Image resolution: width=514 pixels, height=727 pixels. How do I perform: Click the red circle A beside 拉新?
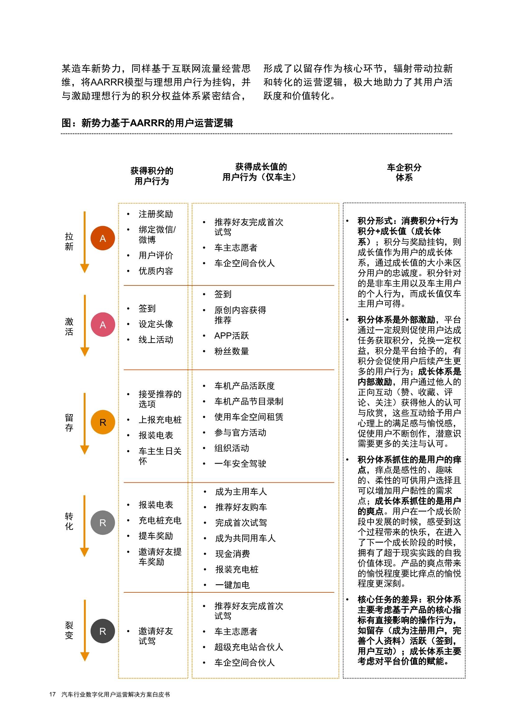[x=103, y=238]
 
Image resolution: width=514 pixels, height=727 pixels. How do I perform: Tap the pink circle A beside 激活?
[x=103, y=325]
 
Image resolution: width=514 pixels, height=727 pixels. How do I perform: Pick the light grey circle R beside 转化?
[x=103, y=523]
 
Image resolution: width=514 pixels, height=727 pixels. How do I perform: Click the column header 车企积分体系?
[x=404, y=172]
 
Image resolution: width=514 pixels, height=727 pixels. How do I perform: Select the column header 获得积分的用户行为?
[x=152, y=176]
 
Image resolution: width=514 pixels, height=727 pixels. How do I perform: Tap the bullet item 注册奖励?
[x=155, y=214]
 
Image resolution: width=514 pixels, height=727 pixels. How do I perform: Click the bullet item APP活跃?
[x=232, y=336]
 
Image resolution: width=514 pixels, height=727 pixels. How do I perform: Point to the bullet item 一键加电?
[x=233, y=585]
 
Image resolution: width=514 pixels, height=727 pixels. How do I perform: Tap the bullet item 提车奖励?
[x=155, y=536]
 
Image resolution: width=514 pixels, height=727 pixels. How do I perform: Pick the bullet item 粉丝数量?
[x=232, y=351]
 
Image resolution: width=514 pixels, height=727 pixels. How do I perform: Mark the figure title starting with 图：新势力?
[x=147, y=123]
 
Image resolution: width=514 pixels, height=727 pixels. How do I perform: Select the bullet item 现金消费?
[x=233, y=553]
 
